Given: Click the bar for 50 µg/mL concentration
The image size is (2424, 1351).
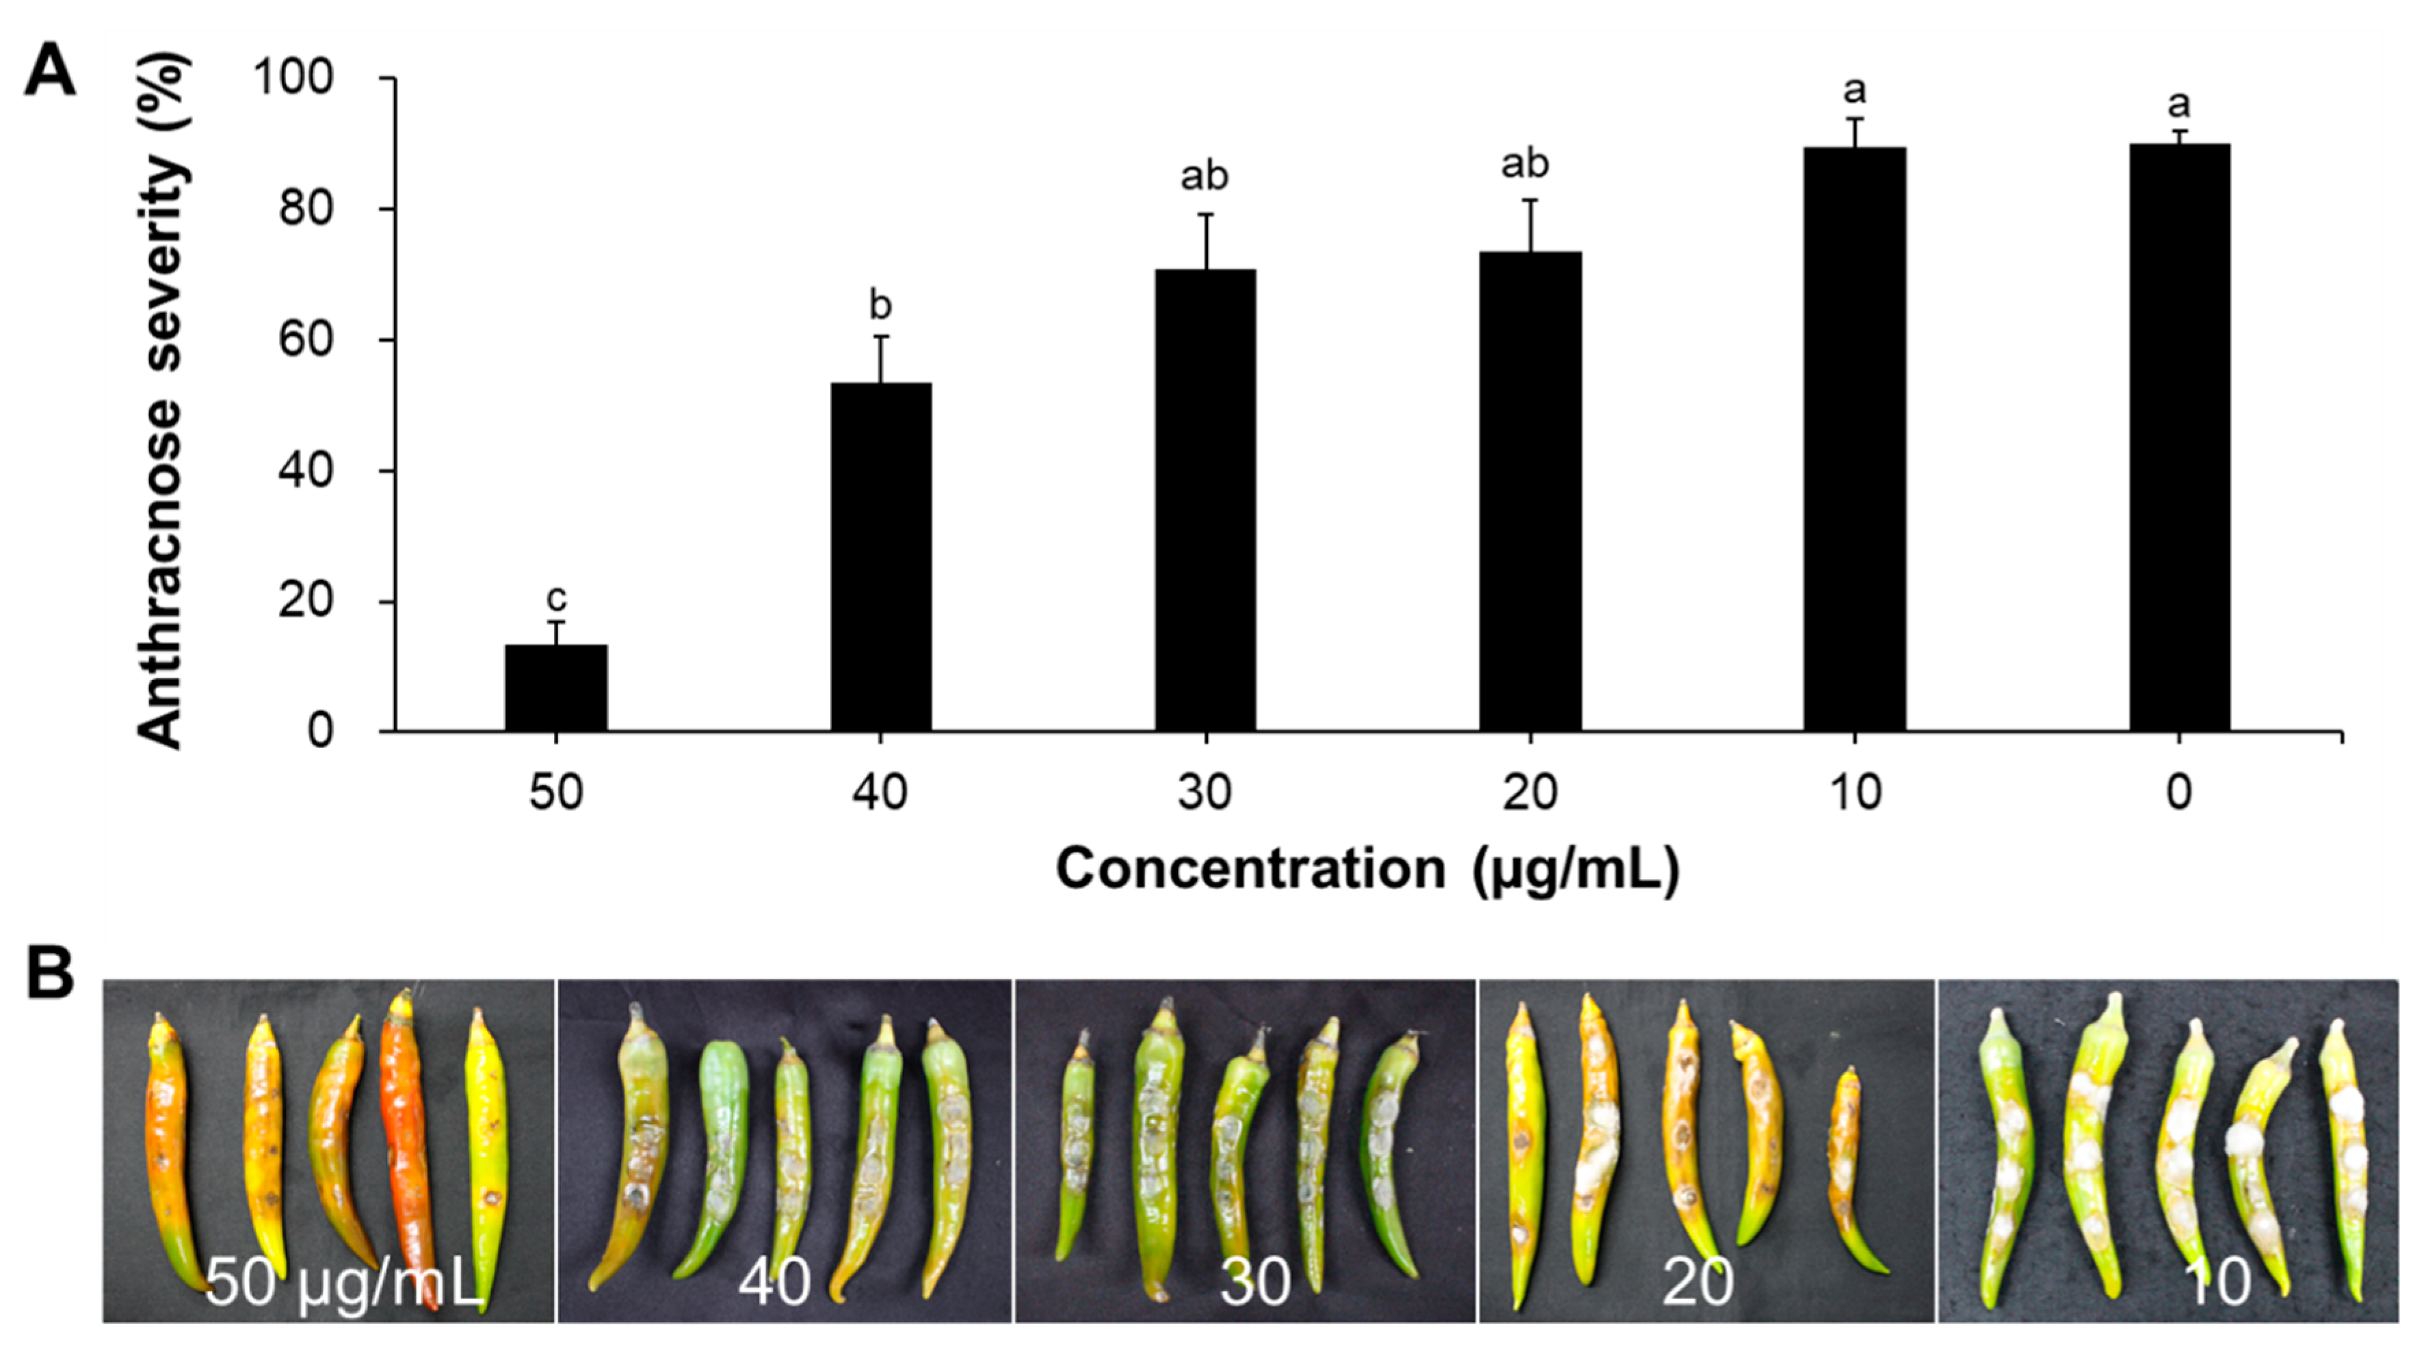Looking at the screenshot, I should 556,688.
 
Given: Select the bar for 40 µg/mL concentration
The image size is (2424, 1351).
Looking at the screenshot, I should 881,557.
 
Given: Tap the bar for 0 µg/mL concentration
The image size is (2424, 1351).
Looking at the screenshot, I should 2179,438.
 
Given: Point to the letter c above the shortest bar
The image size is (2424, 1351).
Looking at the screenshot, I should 556,598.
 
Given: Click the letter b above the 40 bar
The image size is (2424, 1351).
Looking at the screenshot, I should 881,305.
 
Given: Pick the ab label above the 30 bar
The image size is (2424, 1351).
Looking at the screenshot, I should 1204,176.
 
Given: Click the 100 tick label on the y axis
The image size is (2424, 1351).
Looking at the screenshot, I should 293,77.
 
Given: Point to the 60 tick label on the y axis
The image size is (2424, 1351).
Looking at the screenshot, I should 306,340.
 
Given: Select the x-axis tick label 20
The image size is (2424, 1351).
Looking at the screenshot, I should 1529,793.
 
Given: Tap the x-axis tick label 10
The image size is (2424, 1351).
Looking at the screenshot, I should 1855,793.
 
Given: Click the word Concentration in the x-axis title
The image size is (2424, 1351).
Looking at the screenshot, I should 1250,868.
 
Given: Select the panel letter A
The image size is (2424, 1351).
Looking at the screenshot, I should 49,72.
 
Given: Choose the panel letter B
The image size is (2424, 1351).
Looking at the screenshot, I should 49,974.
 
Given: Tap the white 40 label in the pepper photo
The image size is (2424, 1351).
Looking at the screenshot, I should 774,1281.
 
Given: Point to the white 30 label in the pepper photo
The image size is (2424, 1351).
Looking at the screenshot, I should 1254,1281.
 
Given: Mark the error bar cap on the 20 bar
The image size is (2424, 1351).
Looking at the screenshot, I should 1530,200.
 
